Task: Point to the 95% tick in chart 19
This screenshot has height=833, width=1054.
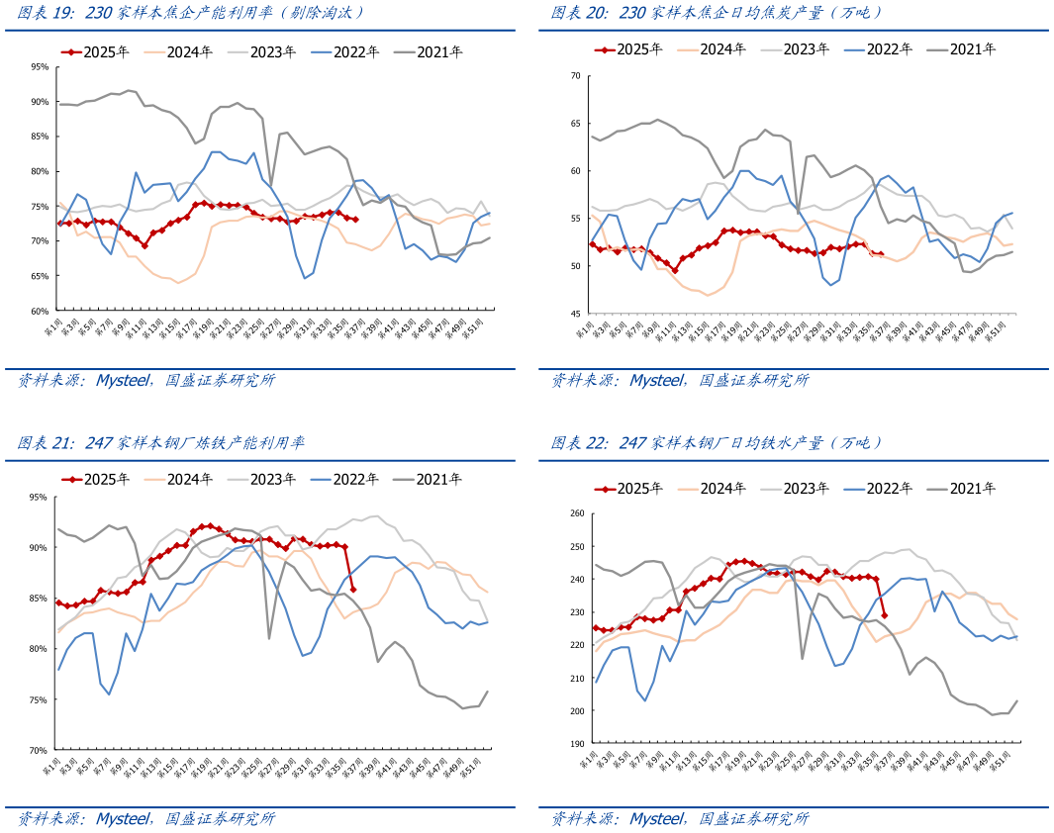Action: click(x=41, y=67)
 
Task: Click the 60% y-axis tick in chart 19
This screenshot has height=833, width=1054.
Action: click(x=41, y=311)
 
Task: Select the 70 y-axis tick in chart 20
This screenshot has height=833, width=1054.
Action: click(x=576, y=75)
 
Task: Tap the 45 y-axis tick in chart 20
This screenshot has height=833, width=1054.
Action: click(x=576, y=314)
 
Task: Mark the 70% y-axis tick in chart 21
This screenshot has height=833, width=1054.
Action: click(x=41, y=751)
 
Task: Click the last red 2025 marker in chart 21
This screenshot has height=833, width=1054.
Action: click(x=353, y=590)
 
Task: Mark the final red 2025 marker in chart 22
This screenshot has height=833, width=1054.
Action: click(x=885, y=615)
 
